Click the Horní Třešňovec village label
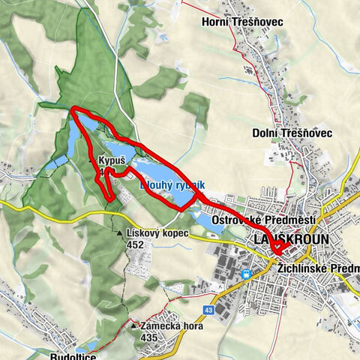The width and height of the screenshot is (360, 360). point(242,22)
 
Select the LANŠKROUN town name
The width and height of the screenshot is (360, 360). point(287,238)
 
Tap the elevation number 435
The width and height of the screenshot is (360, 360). point(148,337)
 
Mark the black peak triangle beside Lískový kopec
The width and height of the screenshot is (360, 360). point(120,234)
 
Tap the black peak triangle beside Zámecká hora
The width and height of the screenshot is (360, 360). point(133,327)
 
